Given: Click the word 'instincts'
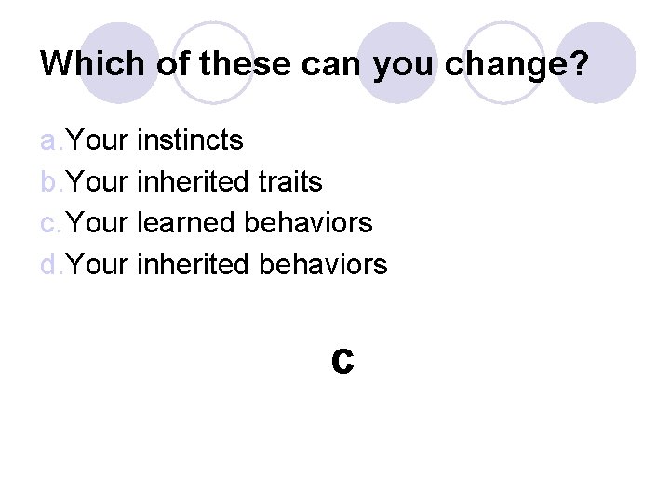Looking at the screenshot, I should [190, 140].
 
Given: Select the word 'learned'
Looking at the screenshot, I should [187, 223].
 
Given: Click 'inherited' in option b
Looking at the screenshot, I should [193, 182].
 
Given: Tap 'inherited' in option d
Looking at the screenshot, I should [193, 265].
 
